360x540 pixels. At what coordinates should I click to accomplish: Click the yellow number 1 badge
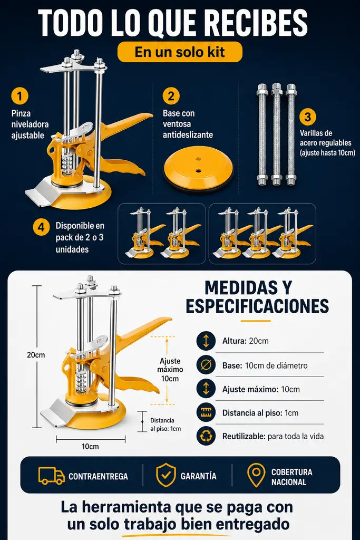[20, 95]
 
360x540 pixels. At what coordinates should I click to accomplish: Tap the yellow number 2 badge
[171, 96]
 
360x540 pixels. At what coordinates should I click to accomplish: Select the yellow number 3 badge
[308, 117]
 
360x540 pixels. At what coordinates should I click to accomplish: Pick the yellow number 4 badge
[41, 227]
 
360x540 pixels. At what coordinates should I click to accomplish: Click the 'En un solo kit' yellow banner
[180, 52]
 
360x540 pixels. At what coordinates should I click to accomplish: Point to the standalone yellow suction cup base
[198, 171]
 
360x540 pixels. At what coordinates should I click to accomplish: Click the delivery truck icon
[52, 476]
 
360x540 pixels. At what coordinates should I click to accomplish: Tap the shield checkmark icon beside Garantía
[166, 475]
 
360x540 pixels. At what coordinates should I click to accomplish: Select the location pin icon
[256, 475]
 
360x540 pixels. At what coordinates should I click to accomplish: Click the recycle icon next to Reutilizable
[206, 436]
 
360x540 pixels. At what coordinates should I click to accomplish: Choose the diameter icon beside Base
[206, 365]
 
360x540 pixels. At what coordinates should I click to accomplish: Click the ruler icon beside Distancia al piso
[206, 412]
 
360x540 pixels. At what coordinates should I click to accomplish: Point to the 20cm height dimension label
[36, 355]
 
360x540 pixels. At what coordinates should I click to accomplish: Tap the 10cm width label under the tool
[90, 446]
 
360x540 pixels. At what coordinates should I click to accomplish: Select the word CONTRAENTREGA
[98, 476]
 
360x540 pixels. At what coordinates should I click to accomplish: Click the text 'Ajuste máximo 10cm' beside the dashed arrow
[170, 370]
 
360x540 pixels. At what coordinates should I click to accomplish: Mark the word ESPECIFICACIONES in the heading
[257, 306]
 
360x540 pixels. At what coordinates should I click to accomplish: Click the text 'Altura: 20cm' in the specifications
[246, 341]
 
